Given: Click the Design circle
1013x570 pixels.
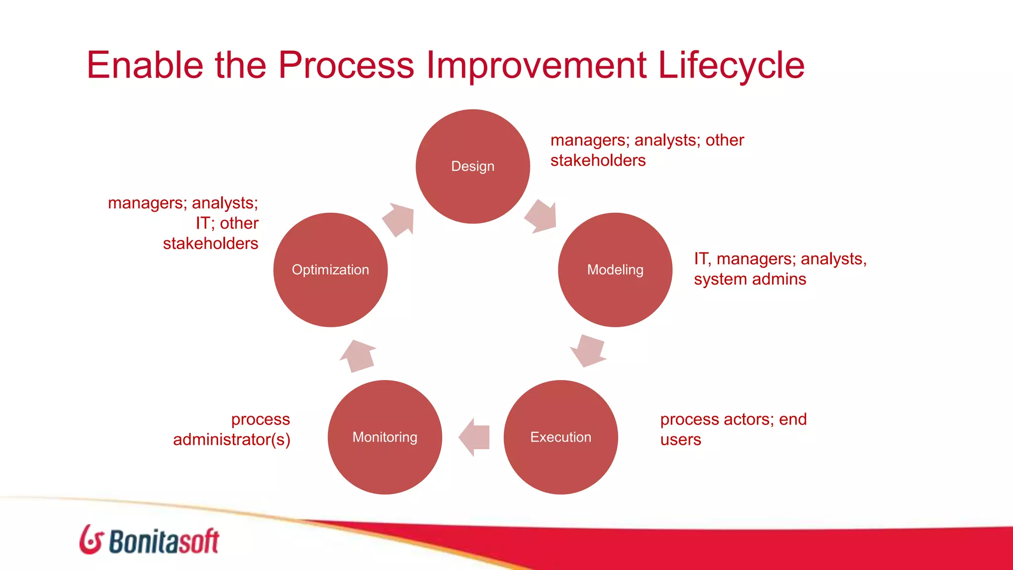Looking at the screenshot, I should [x=472, y=166].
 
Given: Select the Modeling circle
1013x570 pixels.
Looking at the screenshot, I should [x=615, y=270].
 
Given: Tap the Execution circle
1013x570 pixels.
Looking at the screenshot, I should [x=560, y=437].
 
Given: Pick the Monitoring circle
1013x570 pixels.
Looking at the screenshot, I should [x=385, y=437].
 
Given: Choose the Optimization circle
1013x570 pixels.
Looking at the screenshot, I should [x=330, y=270].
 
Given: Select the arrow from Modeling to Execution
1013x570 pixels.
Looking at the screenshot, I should [x=588, y=350].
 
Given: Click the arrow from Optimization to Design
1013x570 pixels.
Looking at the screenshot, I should [x=399, y=219].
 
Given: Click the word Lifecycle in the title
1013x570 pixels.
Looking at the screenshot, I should [x=731, y=65].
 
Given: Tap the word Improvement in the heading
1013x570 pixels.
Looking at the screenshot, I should [x=536, y=65].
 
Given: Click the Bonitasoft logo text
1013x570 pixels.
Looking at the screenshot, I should [x=164, y=541].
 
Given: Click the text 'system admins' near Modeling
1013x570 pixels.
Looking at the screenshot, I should [x=750, y=279].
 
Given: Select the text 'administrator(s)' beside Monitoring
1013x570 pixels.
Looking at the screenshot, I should [x=231, y=439].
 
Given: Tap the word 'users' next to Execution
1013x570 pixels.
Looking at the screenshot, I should [x=681, y=439].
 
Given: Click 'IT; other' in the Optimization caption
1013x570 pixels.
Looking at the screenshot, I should [x=227, y=223].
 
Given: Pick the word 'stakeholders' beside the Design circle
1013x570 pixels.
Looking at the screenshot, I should [x=598, y=160].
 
